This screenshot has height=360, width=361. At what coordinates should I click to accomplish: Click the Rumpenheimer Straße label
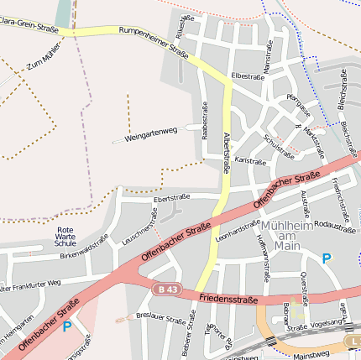click(x=154, y=41)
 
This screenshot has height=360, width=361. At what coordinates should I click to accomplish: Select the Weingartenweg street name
click(x=151, y=134)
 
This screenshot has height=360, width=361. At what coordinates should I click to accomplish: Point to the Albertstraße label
click(x=226, y=151)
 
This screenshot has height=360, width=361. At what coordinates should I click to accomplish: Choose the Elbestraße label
click(x=248, y=76)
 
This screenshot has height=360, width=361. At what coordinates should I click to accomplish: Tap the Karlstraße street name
click(x=250, y=159)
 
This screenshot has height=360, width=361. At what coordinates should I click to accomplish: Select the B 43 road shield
click(x=168, y=289)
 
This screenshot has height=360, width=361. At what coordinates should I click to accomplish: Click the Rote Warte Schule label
click(x=65, y=237)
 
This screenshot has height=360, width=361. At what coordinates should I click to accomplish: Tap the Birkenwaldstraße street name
click(x=84, y=250)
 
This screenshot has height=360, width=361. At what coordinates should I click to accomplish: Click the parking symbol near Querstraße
click(x=327, y=259)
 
